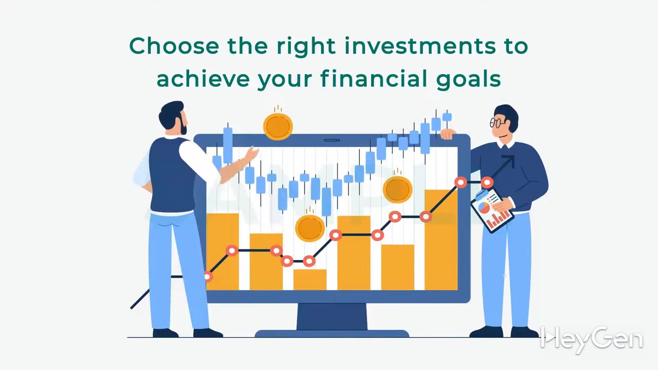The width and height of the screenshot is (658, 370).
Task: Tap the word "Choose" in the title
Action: (174, 46)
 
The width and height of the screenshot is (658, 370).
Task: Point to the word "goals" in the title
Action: (469, 79)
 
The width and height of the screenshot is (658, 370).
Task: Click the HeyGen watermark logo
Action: (591, 340)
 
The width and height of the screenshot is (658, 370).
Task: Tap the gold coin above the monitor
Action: (278, 126)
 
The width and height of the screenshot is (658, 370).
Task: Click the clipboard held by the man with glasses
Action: (492, 211)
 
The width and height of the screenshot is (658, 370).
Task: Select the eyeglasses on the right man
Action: (497, 122)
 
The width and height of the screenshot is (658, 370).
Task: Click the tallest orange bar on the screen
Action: (441, 240)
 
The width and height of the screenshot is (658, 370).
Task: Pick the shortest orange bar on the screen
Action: (310, 280)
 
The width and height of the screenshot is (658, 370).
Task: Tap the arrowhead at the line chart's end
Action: (509, 161)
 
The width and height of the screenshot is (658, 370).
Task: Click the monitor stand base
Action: (332, 334)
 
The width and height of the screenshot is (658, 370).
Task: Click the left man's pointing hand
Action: (251, 154)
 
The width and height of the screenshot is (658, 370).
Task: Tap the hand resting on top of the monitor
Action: (448, 134)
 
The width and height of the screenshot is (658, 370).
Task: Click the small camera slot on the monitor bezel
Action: (332, 140)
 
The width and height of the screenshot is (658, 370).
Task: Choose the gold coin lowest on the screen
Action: (310, 228)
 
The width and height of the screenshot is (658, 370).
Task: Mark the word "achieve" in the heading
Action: (203, 79)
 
